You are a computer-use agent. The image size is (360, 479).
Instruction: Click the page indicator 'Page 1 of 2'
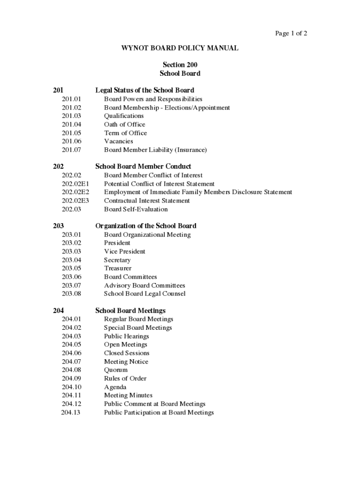291,33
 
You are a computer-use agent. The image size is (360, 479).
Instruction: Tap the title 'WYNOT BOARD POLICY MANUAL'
180,48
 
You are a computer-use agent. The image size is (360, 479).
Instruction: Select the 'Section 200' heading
180,65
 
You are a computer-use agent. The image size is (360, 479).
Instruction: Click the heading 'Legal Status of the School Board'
144,90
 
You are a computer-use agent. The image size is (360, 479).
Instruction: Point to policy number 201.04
71,124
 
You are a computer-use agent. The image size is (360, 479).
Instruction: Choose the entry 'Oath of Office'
124,124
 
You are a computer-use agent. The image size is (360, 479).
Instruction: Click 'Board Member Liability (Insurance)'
155,150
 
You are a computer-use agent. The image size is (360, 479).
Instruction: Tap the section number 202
58,166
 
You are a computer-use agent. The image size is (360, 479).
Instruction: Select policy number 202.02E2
75,192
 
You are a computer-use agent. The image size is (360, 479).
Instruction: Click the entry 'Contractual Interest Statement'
147,201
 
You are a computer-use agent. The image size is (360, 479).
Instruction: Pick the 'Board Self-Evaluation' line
136,209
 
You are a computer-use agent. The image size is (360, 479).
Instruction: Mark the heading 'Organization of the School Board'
146,225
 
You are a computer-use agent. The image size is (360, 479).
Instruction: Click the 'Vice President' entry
124,251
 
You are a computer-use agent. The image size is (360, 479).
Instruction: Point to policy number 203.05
71,269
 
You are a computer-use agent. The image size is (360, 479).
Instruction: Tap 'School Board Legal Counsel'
144,294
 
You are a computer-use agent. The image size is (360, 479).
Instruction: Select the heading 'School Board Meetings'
130,310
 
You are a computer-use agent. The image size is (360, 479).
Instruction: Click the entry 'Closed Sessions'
127,353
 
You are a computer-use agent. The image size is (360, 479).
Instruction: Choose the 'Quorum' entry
115,370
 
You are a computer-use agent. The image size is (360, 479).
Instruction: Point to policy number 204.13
71,413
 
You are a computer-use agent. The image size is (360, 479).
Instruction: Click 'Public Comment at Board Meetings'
154,404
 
